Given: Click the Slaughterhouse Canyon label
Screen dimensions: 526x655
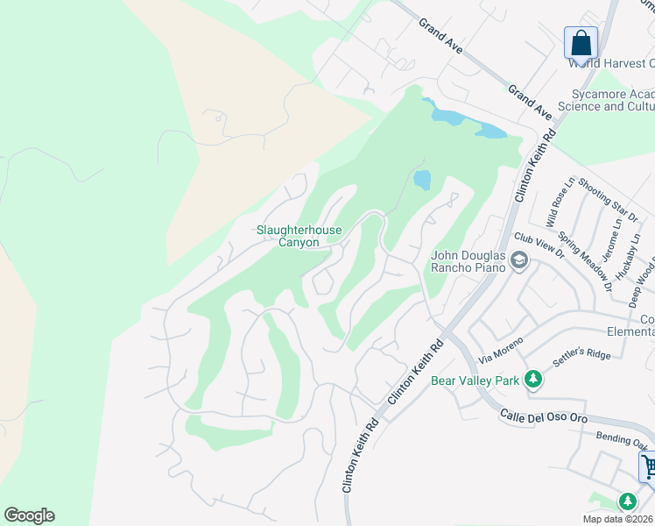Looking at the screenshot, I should (x=299, y=237).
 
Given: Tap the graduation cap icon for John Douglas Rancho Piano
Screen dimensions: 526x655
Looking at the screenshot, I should (x=519, y=260).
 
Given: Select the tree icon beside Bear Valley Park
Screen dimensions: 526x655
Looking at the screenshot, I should (x=532, y=380).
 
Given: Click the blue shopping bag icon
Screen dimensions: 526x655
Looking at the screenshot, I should (x=581, y=42).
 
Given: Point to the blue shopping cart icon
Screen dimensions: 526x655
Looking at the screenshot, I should (x=649, y=466).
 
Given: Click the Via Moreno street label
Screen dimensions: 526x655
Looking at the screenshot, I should (x=502, y=350).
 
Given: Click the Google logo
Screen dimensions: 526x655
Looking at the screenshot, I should (x=29, y=515).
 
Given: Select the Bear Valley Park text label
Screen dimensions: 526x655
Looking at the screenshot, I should (x=474, y=380).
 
